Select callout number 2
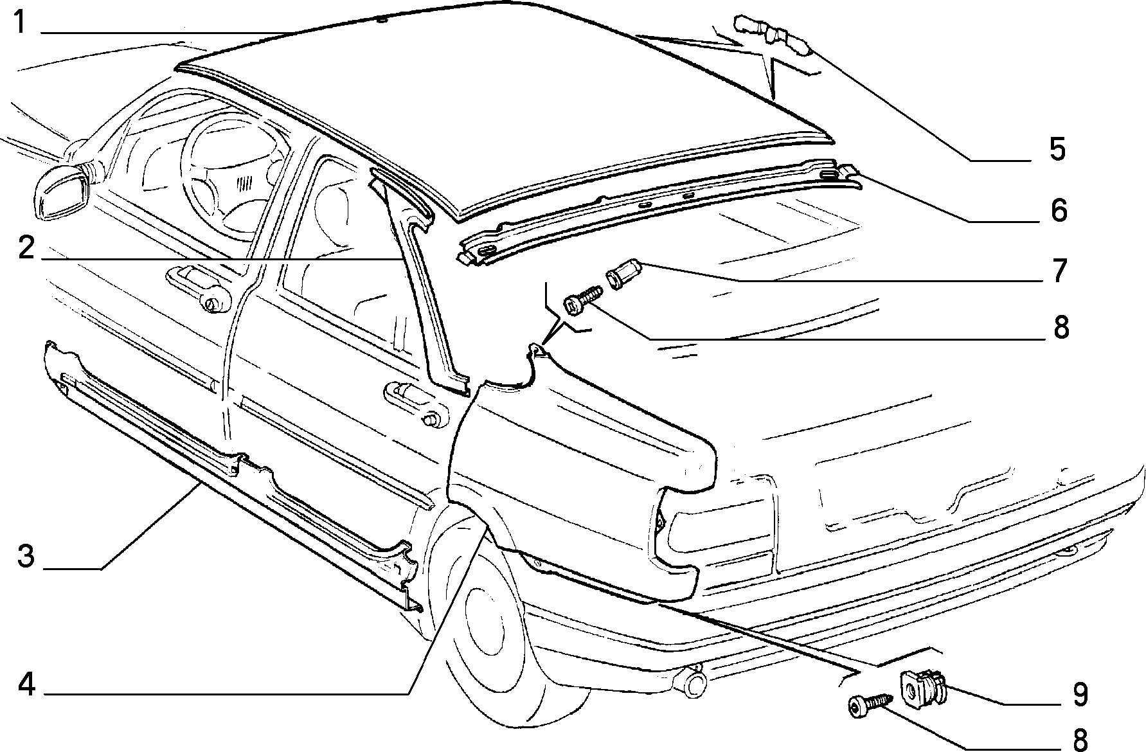tap(26, 248)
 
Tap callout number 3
tap(26, 556)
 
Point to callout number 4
tap(26, 685)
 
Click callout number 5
tap(1057, 149)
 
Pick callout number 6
tap(1058, 210)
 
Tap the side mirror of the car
tap(61, 189)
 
